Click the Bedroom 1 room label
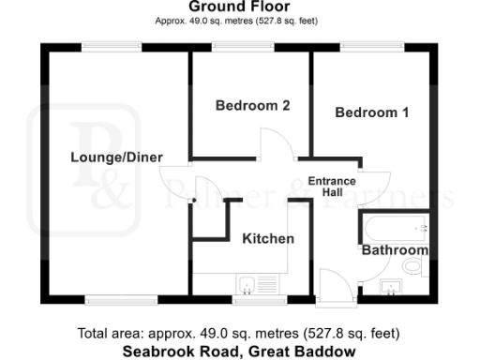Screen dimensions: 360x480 pyautogui.click(x=372, y=112)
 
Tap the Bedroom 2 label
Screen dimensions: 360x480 pyautogui.click(x=251, y=106)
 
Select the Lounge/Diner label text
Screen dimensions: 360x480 pyautogui.click(x=117, y=157)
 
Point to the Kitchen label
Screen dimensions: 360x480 pyautogui.click(x=268, y=238)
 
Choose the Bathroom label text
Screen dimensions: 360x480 pyautogui.click(x=396, y=250)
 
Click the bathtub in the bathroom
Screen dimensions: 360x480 pyautogui.click(x=395, y=228)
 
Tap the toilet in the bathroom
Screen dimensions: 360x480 pyautogui.click(x=412, y=268)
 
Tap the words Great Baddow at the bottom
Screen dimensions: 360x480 pyautogui.click(x=309, y=352)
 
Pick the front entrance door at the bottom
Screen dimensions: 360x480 pyautogui.click(x=333, y=283)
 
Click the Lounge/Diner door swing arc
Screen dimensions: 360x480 pyautogui.click(x=175, y=179)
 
